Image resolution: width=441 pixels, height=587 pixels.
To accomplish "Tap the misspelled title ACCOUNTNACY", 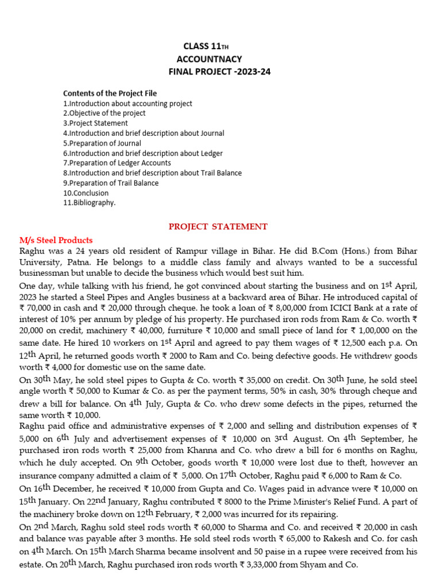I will [209, 59].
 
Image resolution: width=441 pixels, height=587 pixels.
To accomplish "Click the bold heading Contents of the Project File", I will [110, 93].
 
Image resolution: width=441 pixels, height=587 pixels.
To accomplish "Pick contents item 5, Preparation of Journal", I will [102, 143].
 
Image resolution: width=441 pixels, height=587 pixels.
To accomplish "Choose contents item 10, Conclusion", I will [86, 193].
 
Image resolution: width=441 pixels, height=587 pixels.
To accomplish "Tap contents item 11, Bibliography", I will [89, 203].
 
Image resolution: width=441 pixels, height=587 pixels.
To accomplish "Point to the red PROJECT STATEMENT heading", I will [218, 226].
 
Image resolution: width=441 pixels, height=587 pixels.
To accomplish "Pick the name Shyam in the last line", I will [326, 565].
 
